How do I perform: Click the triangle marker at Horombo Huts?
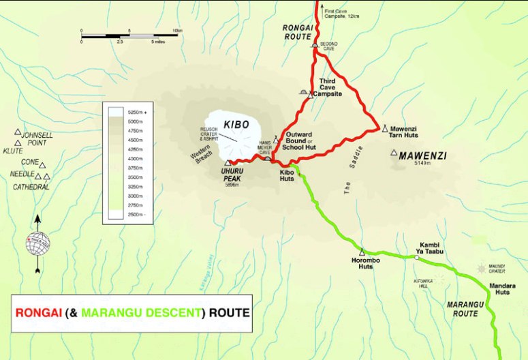(362, 251)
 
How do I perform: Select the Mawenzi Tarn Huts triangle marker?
(384, 127)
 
